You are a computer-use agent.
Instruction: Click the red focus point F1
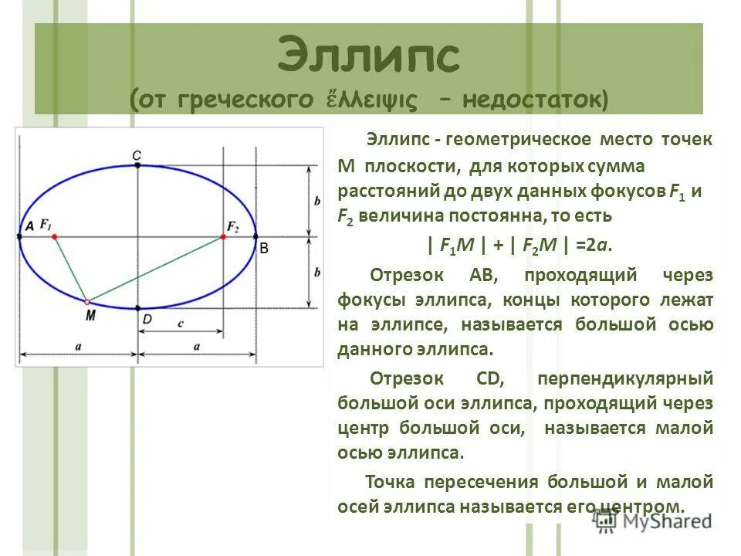54,237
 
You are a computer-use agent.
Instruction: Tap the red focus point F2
223,237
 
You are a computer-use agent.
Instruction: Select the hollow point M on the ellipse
87,301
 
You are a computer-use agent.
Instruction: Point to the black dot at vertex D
137,309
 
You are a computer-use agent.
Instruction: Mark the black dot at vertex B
255,237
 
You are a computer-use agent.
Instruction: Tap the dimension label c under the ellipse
180,324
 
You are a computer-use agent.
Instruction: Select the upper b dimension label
317,200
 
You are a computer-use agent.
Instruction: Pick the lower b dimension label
317,273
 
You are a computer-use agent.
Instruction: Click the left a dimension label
79,347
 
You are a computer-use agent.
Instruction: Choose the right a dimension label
197,347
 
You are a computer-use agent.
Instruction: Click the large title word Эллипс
369,56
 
